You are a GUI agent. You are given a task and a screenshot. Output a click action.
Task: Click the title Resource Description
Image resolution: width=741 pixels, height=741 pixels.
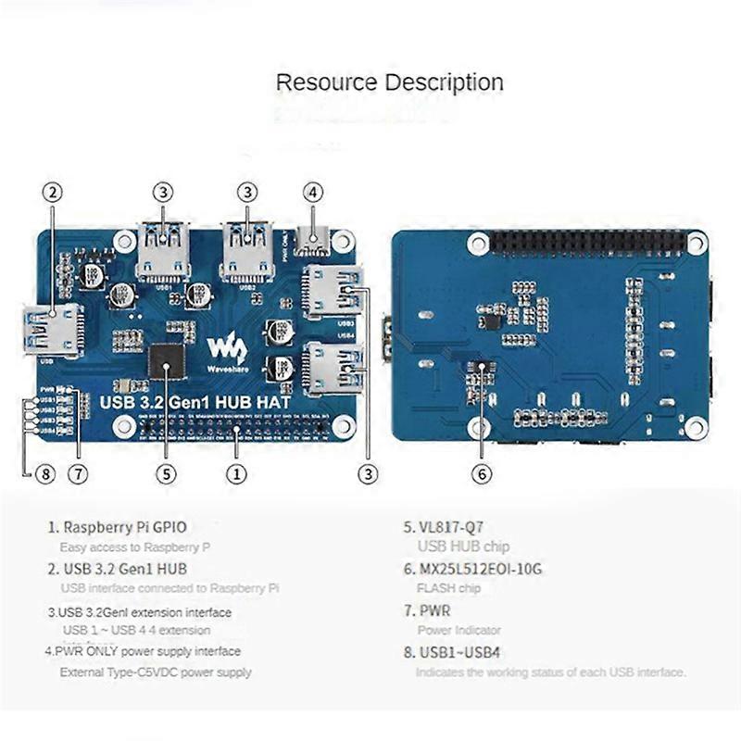[390, 82]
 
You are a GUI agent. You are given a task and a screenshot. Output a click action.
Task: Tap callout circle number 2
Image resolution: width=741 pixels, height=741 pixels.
[53, 193]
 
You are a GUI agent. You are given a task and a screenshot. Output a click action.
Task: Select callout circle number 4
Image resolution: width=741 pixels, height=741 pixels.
[313, 193]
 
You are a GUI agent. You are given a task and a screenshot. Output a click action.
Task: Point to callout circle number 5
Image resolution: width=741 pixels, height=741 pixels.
[166, 473]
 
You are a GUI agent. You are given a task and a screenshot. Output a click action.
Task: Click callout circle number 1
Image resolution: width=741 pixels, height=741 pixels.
[237, 473]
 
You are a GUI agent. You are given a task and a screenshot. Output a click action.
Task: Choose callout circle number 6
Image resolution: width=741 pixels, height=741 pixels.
[481, 473]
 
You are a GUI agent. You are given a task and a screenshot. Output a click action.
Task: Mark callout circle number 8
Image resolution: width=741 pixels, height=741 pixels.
[44, 474]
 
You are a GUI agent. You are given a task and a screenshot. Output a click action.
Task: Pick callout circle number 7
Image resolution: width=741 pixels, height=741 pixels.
[77, 474]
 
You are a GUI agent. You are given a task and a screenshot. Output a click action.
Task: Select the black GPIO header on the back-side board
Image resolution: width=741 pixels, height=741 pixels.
[589, 243]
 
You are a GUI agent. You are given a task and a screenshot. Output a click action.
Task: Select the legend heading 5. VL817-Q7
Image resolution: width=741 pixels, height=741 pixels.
[444, 527]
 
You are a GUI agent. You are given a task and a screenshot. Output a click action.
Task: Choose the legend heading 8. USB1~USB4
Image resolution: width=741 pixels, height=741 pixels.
[453, 652]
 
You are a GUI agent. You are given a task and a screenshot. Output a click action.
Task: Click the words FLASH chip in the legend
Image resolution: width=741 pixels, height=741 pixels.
[449, 588]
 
